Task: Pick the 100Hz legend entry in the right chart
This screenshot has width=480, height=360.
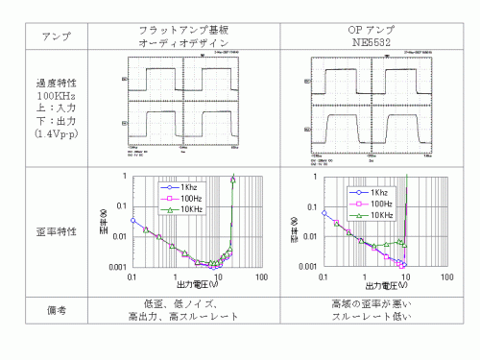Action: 380,204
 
